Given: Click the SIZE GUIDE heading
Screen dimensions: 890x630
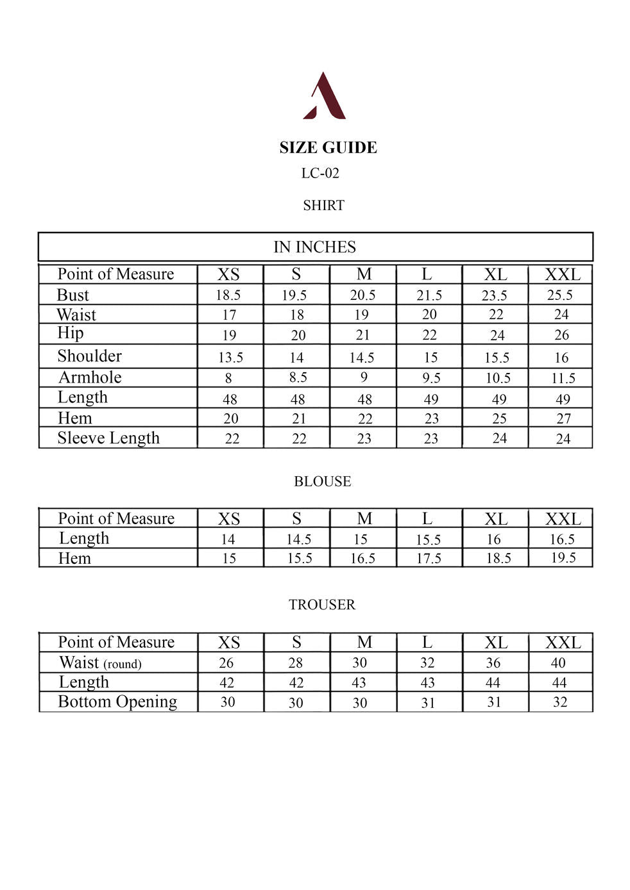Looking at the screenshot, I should [x=328, y=147].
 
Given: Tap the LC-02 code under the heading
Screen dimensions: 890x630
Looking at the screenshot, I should [x=320, y=173].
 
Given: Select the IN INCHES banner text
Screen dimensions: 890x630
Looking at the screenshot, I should [x=314, y=247].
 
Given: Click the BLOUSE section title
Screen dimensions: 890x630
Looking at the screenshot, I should [x=322, y=481].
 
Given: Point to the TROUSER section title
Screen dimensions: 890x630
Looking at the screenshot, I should [x=321, y=604].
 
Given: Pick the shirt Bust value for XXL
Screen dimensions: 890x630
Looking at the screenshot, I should [x=559, y=295].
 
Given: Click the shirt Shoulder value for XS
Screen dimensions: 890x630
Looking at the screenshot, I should [x=229, y=357].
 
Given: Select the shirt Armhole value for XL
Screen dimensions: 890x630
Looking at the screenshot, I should [x=498, y=378].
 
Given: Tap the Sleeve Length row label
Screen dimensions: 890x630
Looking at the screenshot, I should [x=108, y=438].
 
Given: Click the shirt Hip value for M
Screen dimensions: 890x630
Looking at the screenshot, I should [x=362, y=335].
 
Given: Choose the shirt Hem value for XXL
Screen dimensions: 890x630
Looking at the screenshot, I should [x=563, y=418].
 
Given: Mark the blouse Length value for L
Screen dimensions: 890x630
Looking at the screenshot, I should [x=428, y=540].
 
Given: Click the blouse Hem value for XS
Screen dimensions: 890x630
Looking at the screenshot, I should [x=229, y=558].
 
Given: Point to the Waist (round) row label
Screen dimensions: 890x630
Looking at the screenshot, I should [x=100, y=663].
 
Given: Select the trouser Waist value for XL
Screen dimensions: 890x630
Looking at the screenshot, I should [x=493, y=663].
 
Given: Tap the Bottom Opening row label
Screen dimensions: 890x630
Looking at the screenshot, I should [x=117, y=702].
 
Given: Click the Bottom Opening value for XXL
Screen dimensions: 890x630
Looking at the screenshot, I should [x=560, y=702].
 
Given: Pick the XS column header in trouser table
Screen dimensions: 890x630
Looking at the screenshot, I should [x=229, y=643].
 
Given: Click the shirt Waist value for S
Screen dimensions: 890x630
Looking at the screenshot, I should [x=296, y=315].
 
